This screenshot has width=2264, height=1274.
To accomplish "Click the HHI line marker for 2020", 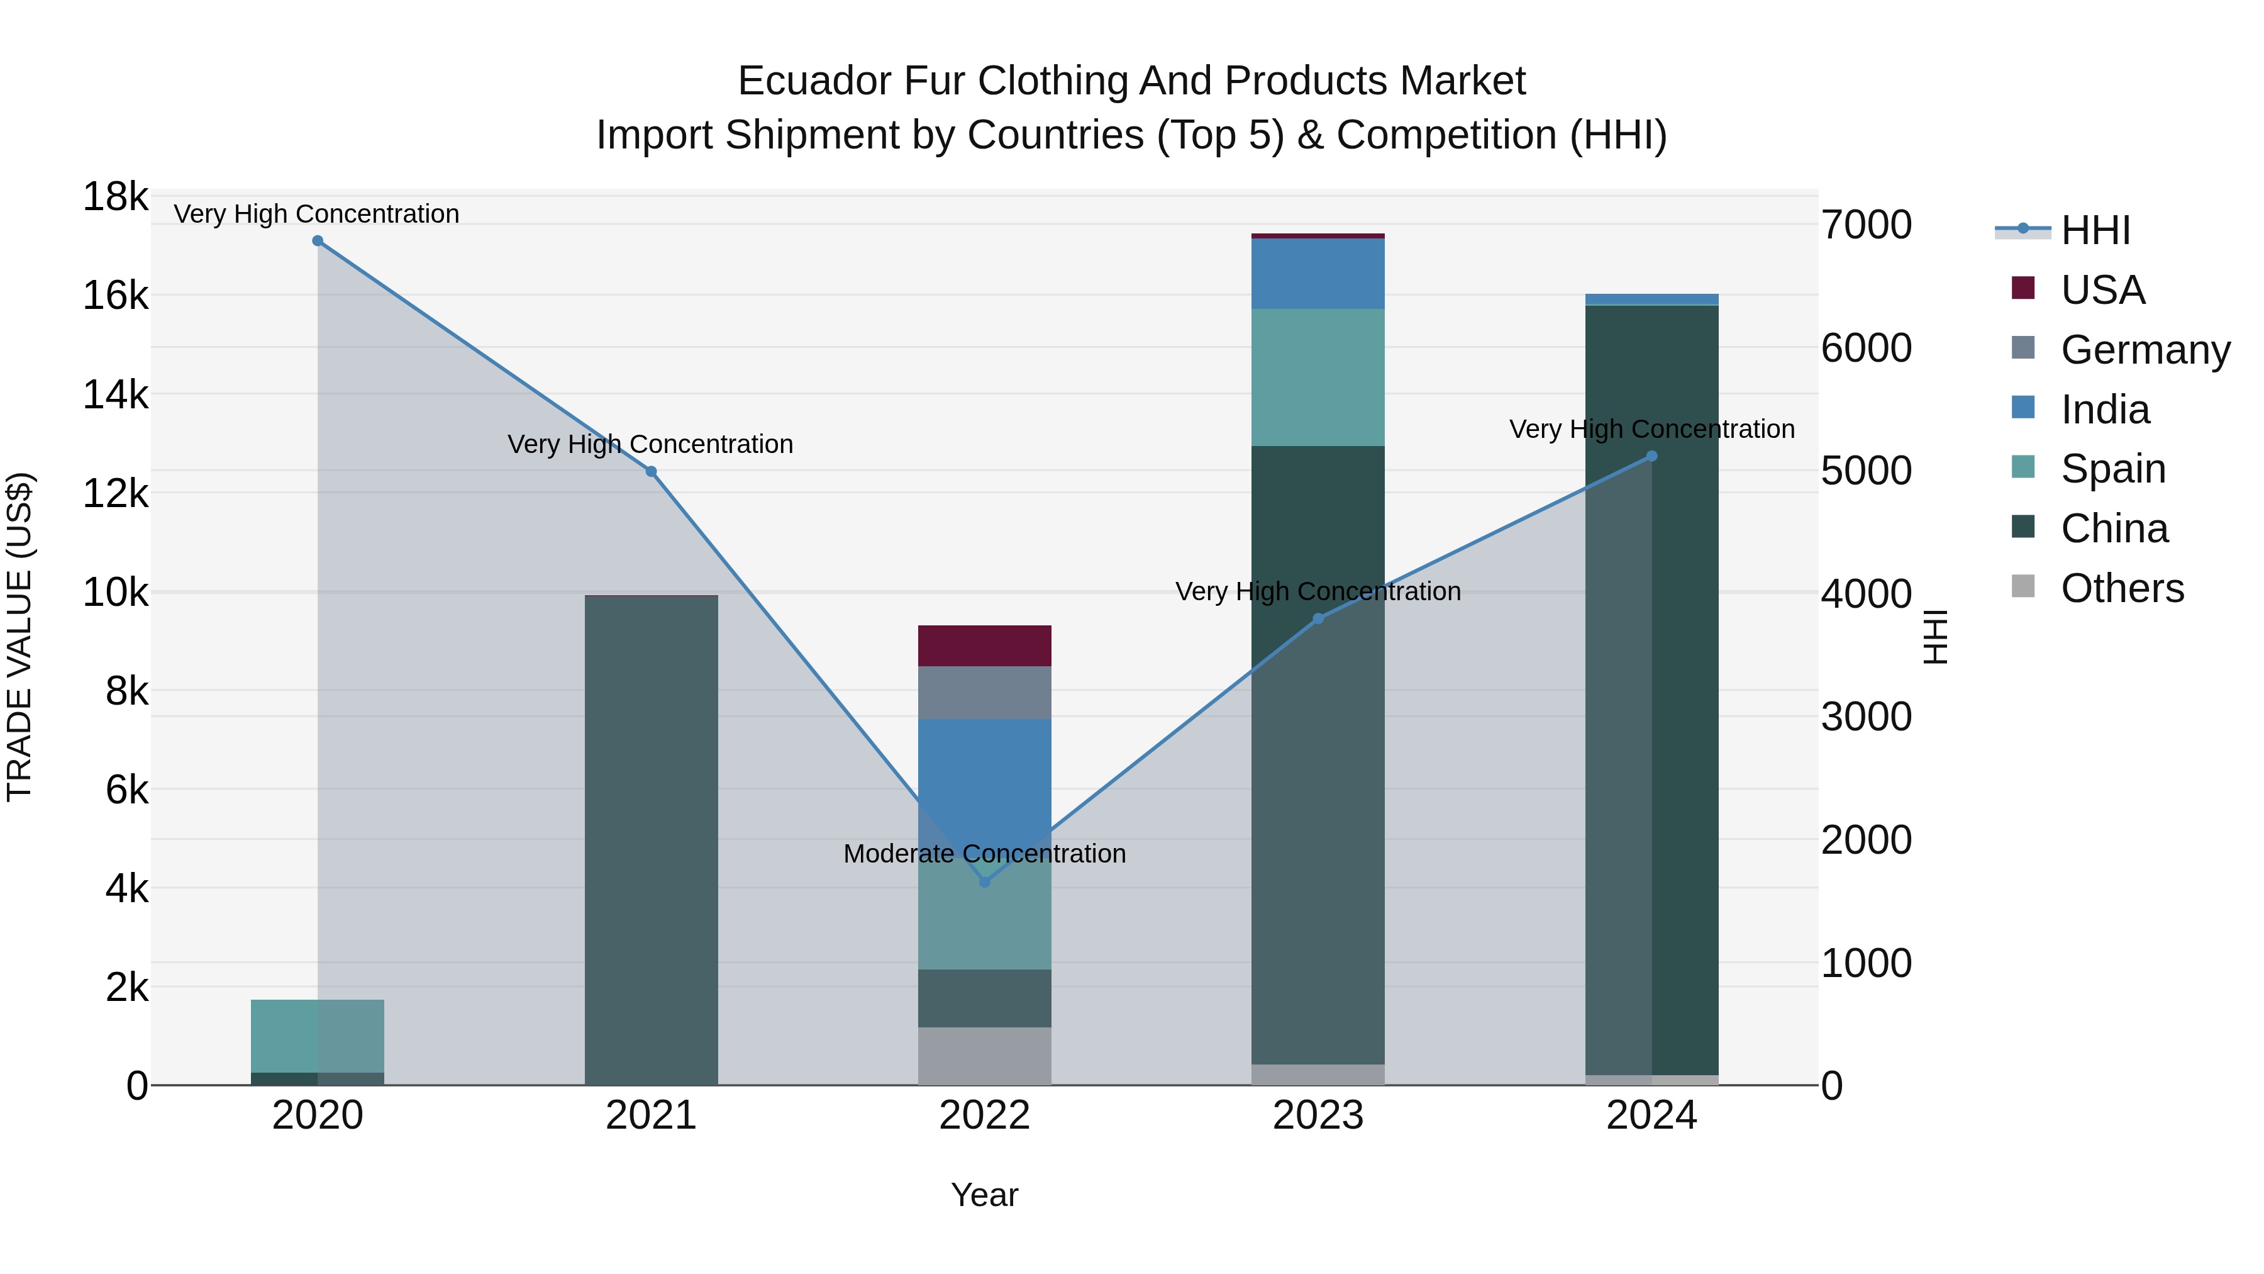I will [x=318, y=241].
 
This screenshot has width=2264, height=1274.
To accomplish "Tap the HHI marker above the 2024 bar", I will [x=1651, y=456].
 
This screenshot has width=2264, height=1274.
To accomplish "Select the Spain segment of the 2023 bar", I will [x=1318, y=377].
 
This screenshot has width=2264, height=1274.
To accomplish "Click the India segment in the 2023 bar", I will [x=1318, y=274].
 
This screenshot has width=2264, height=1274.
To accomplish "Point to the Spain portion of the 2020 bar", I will [x=318, y=1036].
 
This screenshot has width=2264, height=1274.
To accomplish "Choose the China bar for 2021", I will [x=652, y=840].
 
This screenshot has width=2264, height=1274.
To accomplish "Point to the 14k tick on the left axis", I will [x=115, y=394].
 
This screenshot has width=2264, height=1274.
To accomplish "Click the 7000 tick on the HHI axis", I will [x=1866, y=225].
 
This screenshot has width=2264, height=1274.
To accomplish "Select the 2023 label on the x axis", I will [x=1318, y=1115].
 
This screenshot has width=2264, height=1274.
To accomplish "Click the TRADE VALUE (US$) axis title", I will [x=20, y=637].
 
